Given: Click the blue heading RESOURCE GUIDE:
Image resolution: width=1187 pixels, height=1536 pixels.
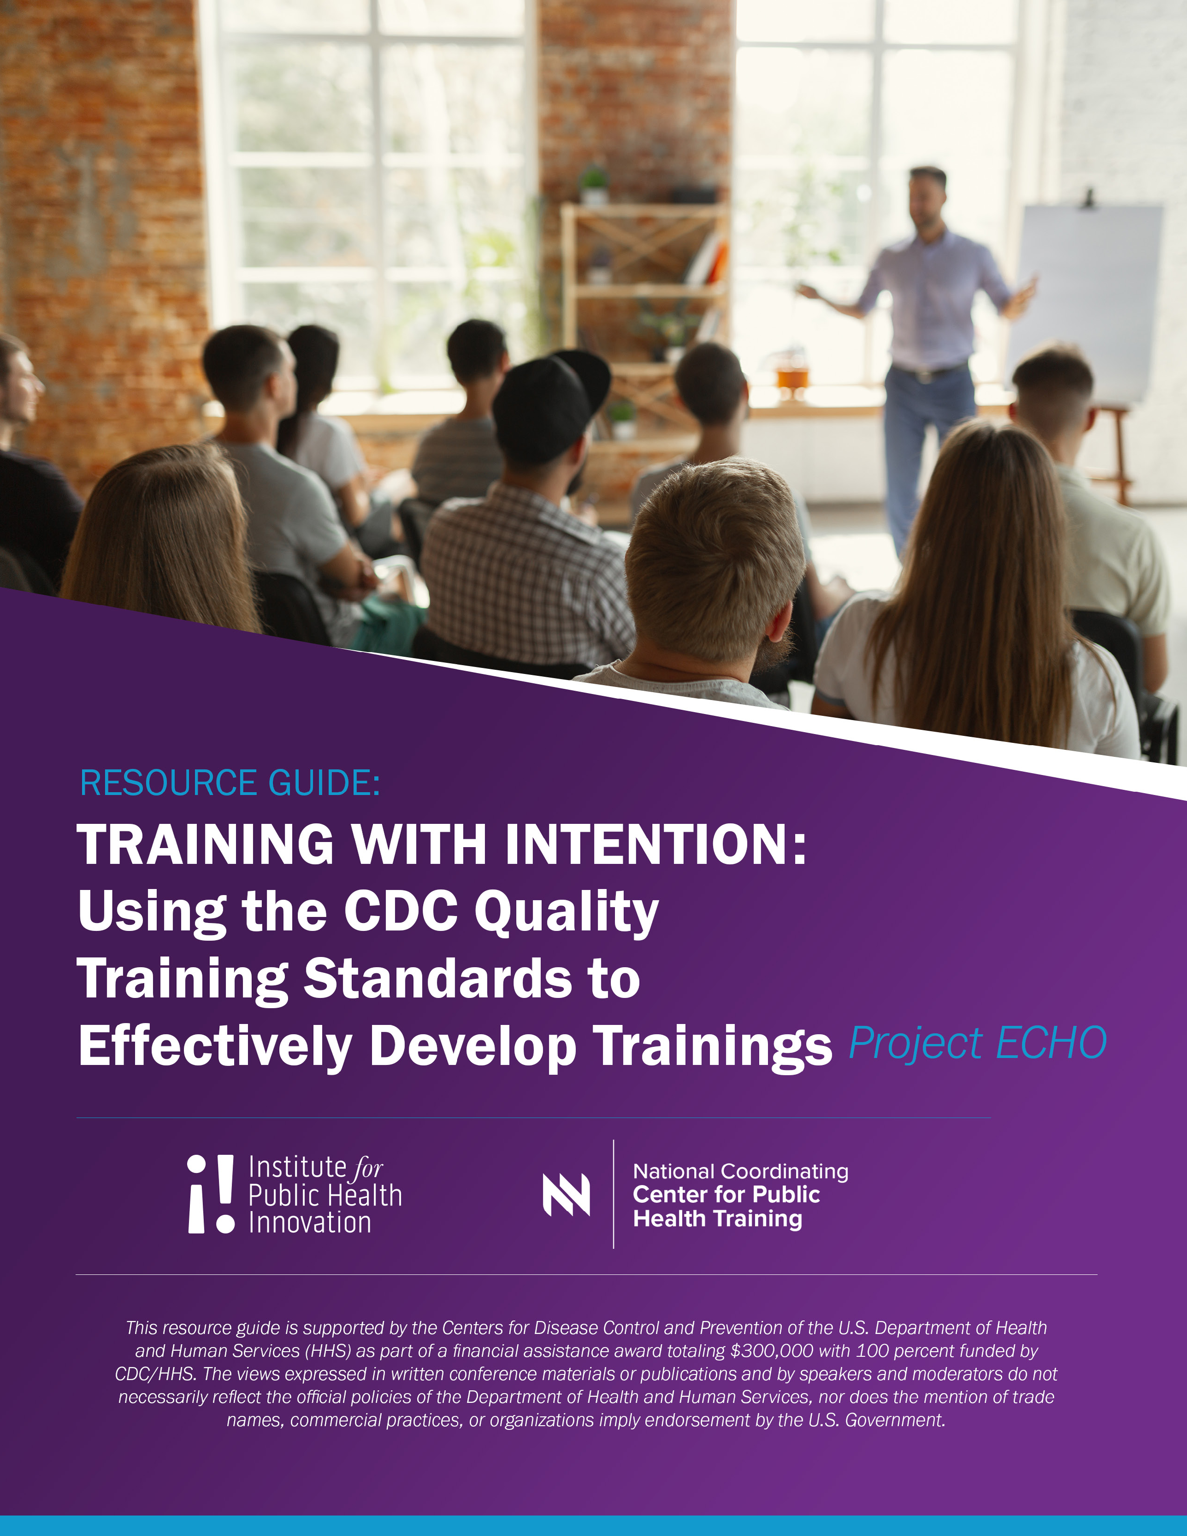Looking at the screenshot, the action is [230, 783].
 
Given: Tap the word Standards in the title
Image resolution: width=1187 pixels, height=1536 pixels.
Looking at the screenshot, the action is [438, 978].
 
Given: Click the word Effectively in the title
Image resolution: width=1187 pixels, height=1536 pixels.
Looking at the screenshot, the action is [215, 1046].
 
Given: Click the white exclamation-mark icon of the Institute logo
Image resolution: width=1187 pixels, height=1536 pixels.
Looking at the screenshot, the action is [211, 1193].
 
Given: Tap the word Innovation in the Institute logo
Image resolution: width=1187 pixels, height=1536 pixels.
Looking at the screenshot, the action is [310, 1222].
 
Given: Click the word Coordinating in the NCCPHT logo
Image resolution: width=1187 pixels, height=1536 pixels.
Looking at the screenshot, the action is [785, 1172].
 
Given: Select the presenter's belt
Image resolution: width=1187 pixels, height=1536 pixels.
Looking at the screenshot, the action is [928, 373].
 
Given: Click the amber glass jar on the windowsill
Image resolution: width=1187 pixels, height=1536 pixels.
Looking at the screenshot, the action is [792, 376].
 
